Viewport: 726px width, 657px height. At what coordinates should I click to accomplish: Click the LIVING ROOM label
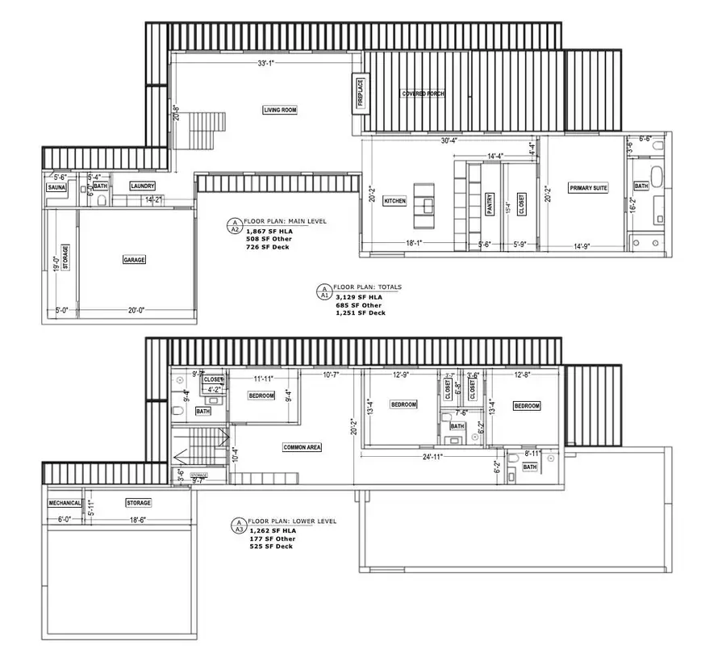click(280, 110)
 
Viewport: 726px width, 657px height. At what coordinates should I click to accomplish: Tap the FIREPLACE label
click(361, 93)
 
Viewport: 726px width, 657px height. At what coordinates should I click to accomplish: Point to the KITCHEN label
click(394, 200)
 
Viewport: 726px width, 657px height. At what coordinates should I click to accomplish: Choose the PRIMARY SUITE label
click(588, 187)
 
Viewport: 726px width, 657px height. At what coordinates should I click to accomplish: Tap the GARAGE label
click(134, 260)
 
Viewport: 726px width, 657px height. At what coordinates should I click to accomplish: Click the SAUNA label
click(56, 186)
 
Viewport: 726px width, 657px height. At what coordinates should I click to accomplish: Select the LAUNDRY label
click(143, 186)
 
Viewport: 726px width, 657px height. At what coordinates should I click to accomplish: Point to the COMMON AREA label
click(302, 447)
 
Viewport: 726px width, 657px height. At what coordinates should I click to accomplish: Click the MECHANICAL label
click(65, 503)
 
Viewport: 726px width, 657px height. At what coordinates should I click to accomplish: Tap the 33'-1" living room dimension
click(266, 63)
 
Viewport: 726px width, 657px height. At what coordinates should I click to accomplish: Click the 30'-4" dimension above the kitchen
click(450, 140)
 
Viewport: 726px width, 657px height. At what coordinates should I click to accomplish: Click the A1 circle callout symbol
click(324, 291)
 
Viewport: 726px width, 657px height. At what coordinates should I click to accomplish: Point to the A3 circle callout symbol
click(238, 525)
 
